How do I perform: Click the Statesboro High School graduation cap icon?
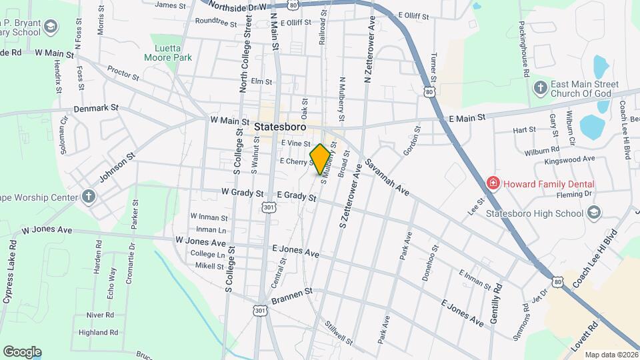tap(593, 213)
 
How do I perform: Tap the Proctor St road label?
tap(123, 73)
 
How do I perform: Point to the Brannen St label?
tap(291, 292)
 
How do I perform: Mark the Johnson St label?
tap(117, 167)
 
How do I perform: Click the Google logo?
tap(22, 351)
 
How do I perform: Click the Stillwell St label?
tap(339, 333)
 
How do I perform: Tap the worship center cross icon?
tap(88, 196)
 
